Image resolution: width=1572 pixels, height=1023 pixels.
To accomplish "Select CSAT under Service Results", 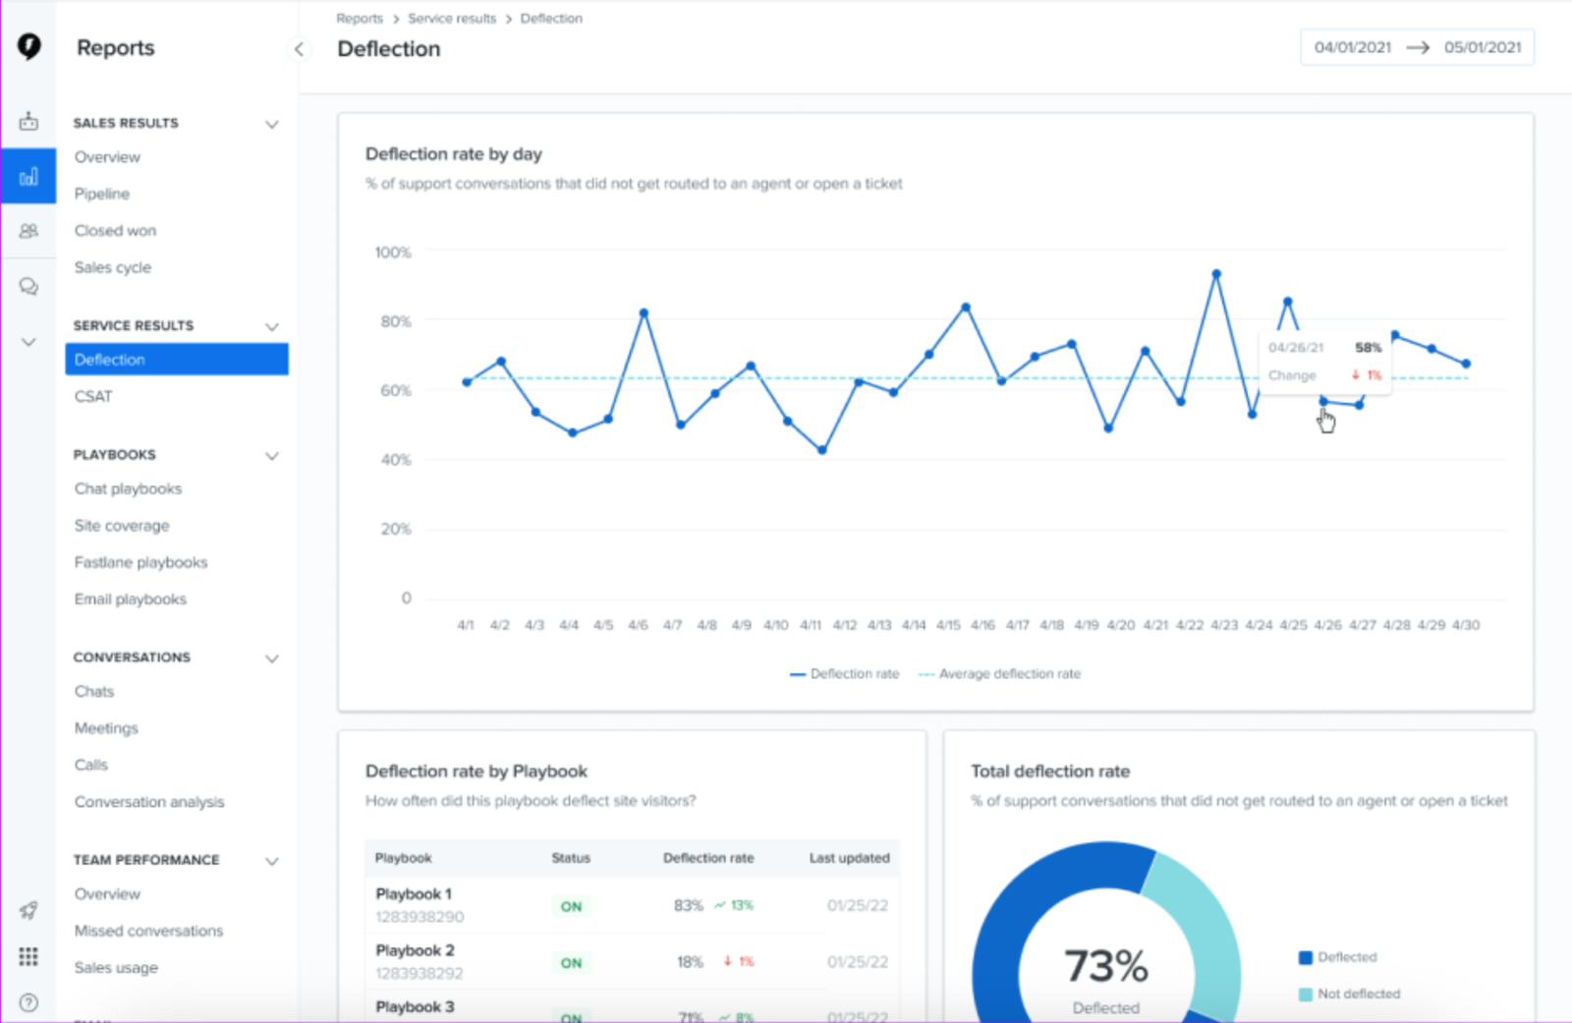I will [x=93, y=396].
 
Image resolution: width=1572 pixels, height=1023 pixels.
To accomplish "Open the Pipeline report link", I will [x=102, y=194].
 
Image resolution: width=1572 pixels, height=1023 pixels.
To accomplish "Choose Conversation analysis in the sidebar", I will [x=149, y=802].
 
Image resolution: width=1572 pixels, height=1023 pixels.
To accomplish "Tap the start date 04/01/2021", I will [x=1353, y=47].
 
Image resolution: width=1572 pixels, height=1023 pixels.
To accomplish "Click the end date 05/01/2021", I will [x=1483, y=47].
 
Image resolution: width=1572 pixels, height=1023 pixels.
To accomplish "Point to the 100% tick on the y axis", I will [x=393, y=253].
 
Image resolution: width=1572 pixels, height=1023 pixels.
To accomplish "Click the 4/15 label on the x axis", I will [x=948, y=625].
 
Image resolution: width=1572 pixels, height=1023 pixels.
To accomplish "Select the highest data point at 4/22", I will [x=1216, y=274].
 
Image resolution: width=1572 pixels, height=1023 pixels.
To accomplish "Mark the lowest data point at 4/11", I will [x=822, y=450].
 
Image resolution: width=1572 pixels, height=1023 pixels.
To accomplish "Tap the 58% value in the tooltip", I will [x=1368, y=348].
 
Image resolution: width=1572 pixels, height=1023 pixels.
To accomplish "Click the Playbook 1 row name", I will [x=414, y=894].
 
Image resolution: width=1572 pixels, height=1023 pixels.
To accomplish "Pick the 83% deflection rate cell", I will [x=689, y=905].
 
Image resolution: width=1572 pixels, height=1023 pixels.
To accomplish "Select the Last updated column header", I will [x=849, y=858].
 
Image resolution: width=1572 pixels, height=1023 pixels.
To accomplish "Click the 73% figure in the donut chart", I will [x=1106, y=966].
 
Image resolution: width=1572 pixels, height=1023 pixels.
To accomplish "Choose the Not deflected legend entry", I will [x=1358, y=995].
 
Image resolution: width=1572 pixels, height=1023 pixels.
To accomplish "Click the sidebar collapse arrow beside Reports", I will [x=299, y=49].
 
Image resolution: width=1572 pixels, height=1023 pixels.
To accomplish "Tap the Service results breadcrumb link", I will [x=452, y=19].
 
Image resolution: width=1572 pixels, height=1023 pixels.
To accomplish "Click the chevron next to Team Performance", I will [x=272, y=861].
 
